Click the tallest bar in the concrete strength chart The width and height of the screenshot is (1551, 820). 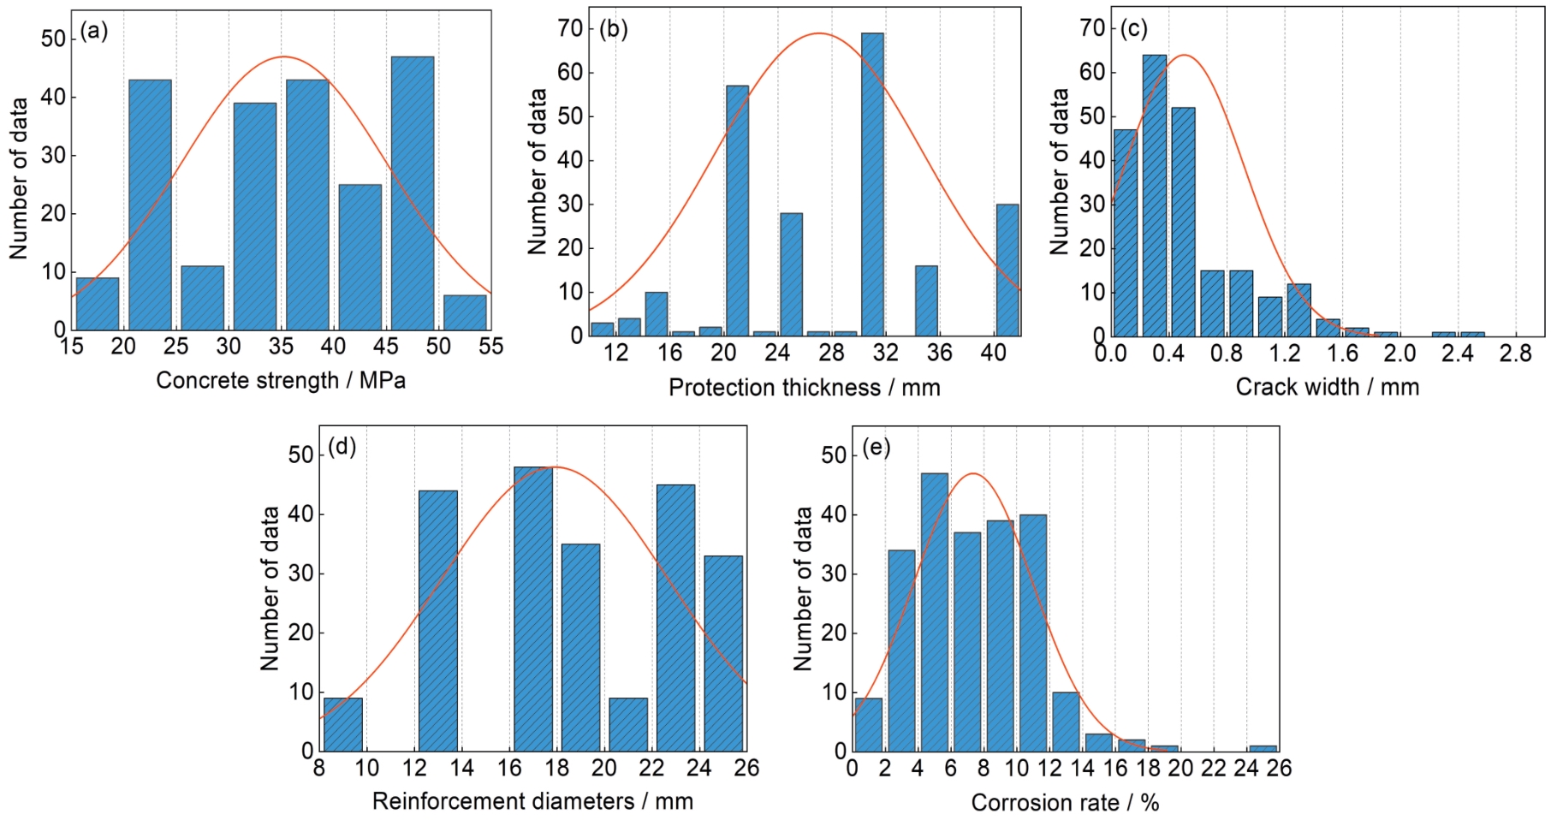click(x=412, y=193)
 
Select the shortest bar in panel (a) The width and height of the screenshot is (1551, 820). click(x=465, y=312)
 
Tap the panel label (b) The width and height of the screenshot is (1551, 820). click(x=613, y=29)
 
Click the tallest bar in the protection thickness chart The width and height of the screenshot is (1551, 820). click(x=872, y=184)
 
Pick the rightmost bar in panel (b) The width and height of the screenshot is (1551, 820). click(x=1007, y=270)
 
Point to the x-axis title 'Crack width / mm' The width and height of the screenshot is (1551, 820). click(x=1327, y=387)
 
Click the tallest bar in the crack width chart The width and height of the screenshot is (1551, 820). click(x=1154, y=195)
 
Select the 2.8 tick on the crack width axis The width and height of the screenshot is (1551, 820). click(x=1515, y=353)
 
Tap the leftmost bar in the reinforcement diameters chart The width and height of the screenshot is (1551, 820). click(x=342, y=724)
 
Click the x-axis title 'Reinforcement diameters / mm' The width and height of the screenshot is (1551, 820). click(x=532, y=801)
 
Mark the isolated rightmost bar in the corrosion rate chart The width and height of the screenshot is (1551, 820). click(x=1263, y=748)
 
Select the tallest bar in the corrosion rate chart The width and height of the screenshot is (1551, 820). click(x=934, y=612)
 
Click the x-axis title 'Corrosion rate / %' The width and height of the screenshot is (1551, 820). click(x=1065, y=803)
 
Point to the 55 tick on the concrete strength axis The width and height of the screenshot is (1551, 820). click(x=490, y=346)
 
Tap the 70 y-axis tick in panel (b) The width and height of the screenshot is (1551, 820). click(x=569, y=28)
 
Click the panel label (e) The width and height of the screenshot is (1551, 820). click(x=876, y=447)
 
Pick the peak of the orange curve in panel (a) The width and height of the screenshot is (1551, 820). click(x=283, y=57)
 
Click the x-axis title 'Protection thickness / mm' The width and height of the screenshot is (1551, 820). click(x=804, y=388)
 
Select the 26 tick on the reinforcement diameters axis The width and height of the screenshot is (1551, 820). click(x=746, y=768)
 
